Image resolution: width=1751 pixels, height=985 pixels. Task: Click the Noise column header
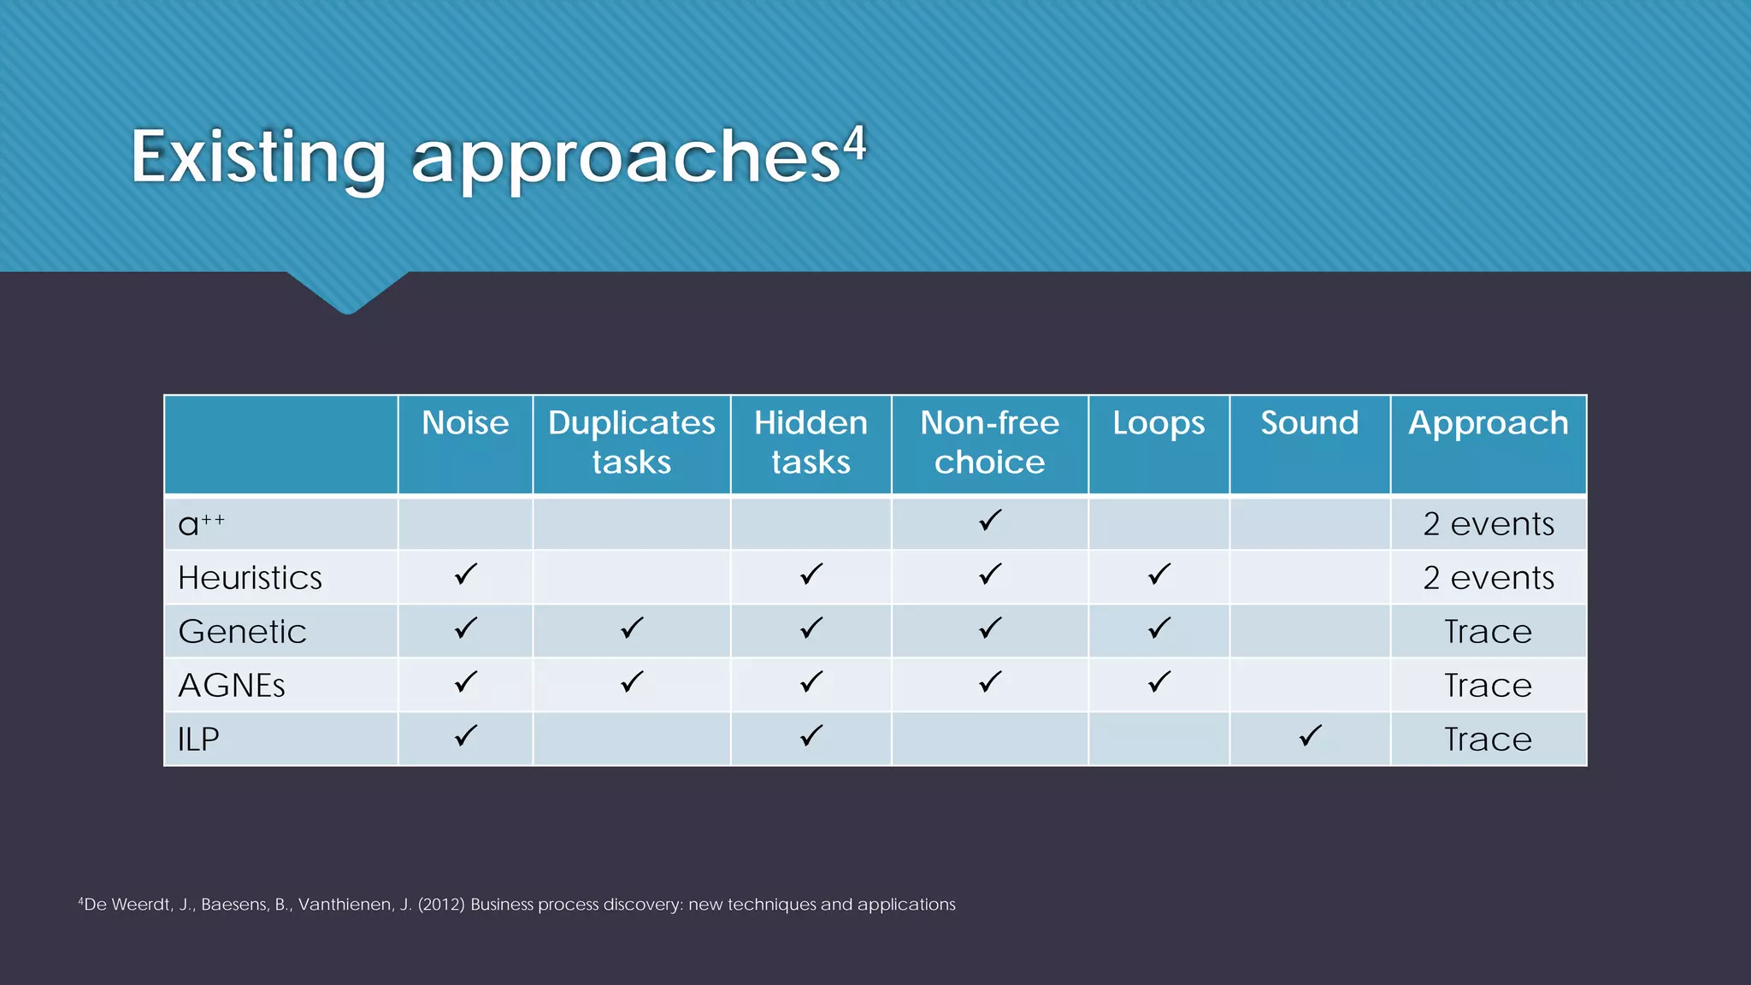[x=465, y=423]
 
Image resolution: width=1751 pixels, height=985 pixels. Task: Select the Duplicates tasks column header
[x=631, y=442]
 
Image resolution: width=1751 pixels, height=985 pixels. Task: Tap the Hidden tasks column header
[x=811, y=442]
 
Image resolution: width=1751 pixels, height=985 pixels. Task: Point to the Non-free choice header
[x=989, y=442]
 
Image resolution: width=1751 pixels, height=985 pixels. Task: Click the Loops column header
[x=1158, y=423]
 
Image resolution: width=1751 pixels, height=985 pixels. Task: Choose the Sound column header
[x=1309, y=423]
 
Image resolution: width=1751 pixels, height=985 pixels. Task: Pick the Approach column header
[x=1488, y=423]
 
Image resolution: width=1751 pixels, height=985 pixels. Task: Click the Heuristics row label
[x=250, y=578]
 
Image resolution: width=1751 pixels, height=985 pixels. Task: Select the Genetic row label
[x=242, y=632]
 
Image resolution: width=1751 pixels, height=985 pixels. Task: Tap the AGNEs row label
[x=231, y=686]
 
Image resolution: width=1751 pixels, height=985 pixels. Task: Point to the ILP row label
[x=198, y=740]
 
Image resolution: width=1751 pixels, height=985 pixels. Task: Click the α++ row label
[x=201, y=523]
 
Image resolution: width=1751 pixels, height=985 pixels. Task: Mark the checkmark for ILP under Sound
[x=1310, y=735]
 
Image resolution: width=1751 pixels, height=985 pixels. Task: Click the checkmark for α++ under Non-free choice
[x=990, y=520]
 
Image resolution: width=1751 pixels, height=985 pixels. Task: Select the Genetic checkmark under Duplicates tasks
[x=632, y=628]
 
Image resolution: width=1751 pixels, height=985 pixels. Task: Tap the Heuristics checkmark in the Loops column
[x=1159, y=574]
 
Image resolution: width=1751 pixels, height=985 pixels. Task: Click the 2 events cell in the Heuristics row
[x=1488, y=578]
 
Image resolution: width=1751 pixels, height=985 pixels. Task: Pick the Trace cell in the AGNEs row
[x=1488, y=686]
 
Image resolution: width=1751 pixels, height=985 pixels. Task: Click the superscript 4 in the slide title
[x=855, y=144]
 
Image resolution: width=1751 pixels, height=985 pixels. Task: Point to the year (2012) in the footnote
[x=441, y=905]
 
